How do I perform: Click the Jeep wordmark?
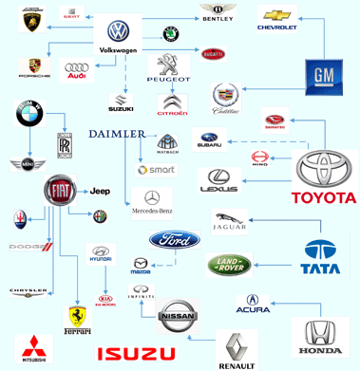click(101, 192)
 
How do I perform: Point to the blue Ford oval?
click(174, 239)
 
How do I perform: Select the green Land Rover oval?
click(232, 265)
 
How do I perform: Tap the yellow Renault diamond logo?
click(237, 347)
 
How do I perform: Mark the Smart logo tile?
click(156, 171)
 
